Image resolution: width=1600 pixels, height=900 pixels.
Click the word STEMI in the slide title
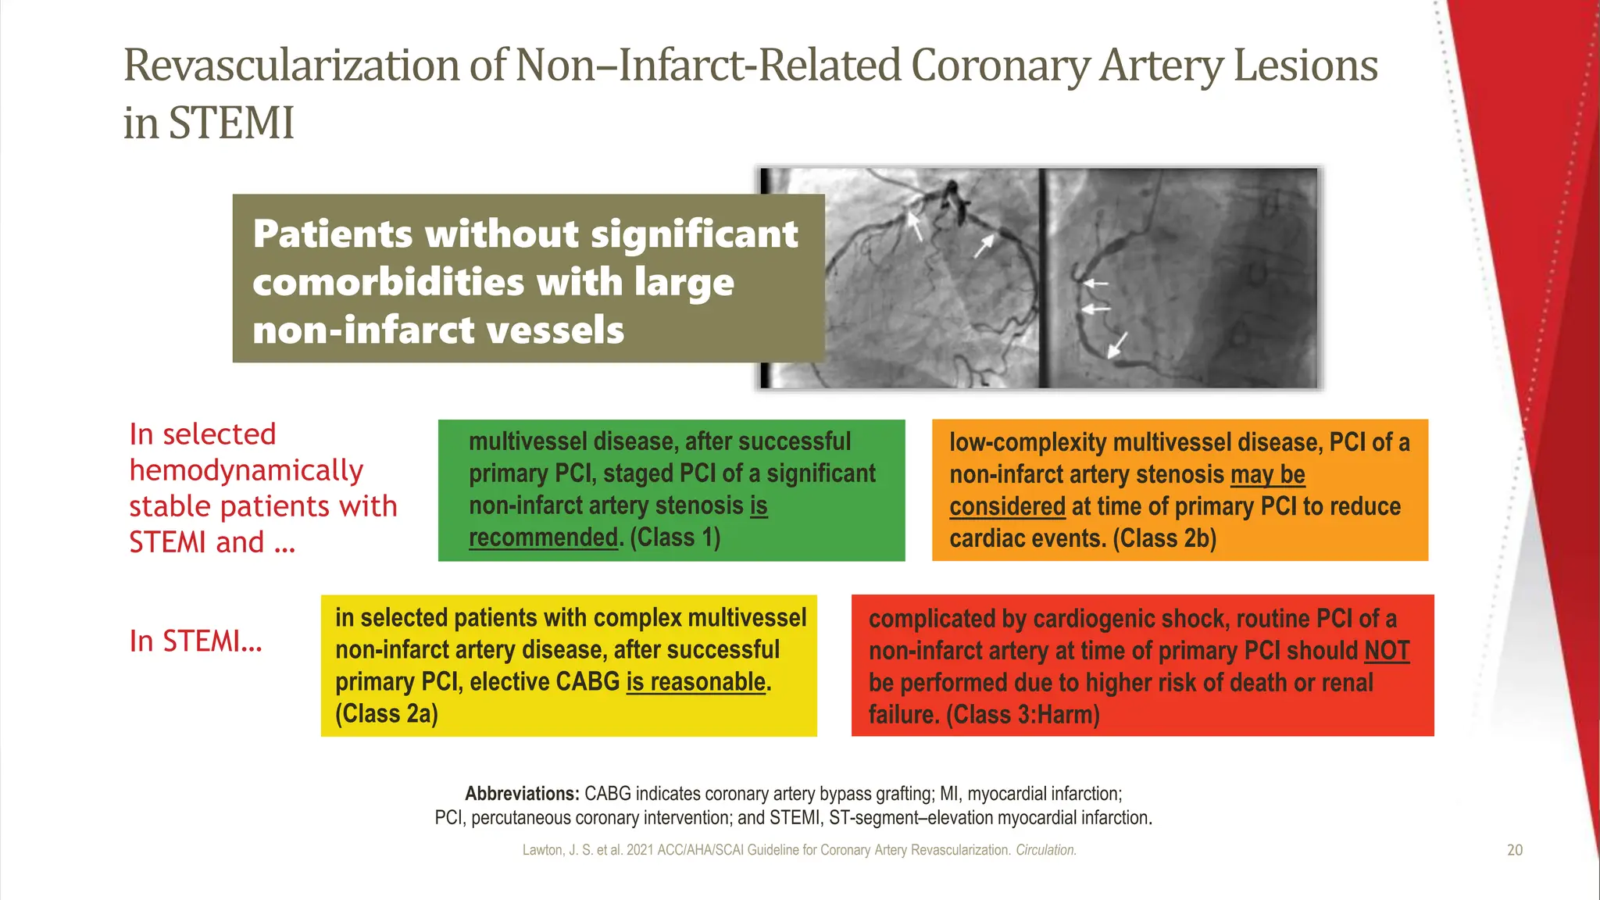(x=231, y=123)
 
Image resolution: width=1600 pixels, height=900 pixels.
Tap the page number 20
(x=1514, y=850)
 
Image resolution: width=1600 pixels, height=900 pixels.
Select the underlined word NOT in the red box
(x=1387, y=651)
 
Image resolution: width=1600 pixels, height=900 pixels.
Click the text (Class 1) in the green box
(x=675, y=537)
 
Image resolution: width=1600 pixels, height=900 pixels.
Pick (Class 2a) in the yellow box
(x=387, y=713)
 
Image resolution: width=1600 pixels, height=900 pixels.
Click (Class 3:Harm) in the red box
(x=1023, y=714)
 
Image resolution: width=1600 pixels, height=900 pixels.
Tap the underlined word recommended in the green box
(x=543, y=537)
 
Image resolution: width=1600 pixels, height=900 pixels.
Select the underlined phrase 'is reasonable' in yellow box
(x=695, y=682)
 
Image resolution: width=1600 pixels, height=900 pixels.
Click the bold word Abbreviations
(x=522, y=794)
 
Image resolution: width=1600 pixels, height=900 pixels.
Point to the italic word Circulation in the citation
(x=1045, y=850)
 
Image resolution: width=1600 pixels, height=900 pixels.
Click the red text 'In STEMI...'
(x=195, y=641)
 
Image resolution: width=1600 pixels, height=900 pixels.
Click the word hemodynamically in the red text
(x=246, y=470)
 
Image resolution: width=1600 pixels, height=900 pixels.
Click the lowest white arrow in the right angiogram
(x=1118, y=345)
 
